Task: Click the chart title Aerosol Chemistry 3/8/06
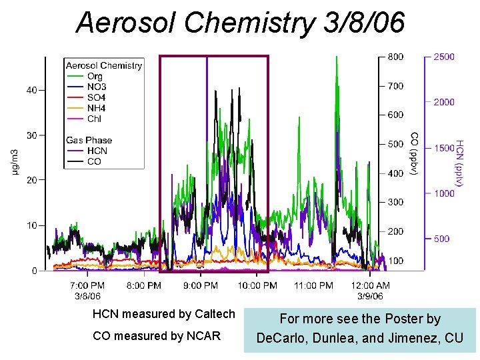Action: point(240,23)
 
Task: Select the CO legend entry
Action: point(84,161)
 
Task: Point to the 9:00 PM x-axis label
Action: point(201,285)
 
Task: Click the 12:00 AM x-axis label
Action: point(370,285)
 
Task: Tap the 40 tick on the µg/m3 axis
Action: point(31,90)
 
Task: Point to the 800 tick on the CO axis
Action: point(395,57)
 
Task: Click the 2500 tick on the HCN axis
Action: point(444,57)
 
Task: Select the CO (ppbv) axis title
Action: point(414,154)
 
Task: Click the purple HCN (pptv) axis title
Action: point(460,163)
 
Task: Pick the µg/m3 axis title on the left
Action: point(15,162)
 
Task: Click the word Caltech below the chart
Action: point(215,314)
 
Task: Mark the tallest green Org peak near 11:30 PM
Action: point(337,57)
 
